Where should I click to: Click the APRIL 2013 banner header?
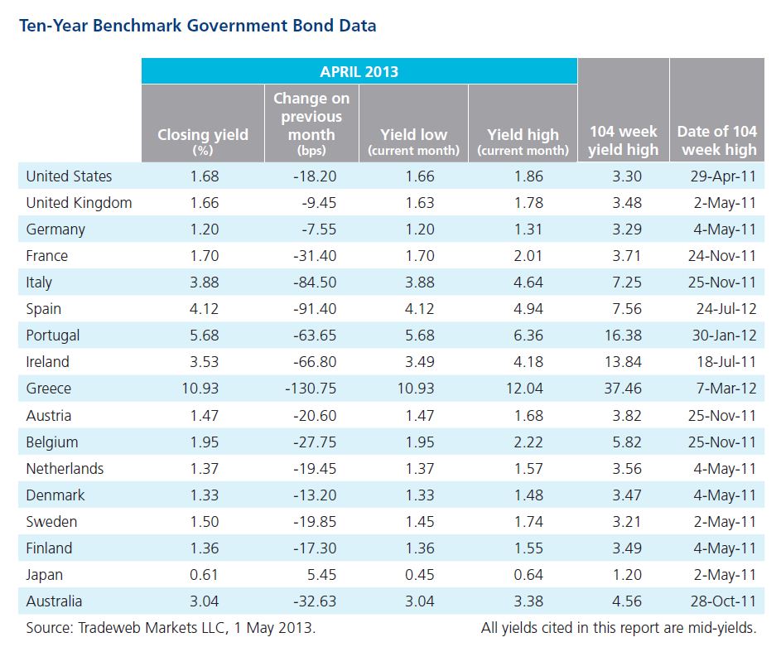click(x=359, y=71)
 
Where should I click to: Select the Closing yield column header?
click(x=203, y=141)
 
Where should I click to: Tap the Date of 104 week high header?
click(x=717, y=141)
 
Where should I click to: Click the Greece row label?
click(x=48, y=389)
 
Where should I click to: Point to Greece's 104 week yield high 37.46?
click(x=623, y=389)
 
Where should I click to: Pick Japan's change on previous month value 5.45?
click(x=321, y=575)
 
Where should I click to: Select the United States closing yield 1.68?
click(x=205, y=176)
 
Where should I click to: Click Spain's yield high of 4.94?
click(x=528, y=309)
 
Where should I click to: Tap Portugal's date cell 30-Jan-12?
click(x=724, y=336)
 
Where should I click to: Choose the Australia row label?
click(x=54, y=601)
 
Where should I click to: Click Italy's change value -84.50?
click(x=315, y=282)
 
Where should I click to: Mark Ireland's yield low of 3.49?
click(x=419, y=361)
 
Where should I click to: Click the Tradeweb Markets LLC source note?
click(x=171, y=628)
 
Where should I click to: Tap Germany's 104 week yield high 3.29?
click(x=627, y=229)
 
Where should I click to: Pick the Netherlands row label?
click(x=65, y=469)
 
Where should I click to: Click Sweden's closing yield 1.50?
click(x=205, y=521)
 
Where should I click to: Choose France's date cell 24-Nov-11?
click(x=722, y=256)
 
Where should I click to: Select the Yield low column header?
click(x=413, y=142)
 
